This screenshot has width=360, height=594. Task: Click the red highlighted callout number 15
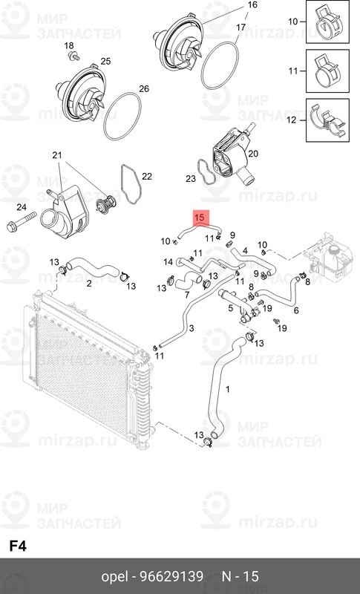tap(198, 218)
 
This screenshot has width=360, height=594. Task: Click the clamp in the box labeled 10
tap(326, 22)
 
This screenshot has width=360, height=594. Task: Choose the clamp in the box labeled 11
tap(326, 71)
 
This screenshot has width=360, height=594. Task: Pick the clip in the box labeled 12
tap(326, 120)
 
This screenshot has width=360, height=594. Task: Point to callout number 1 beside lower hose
tap(228, 389)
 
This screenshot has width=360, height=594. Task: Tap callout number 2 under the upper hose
tap(89, 283)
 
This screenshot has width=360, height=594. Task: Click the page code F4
tap(18, 545)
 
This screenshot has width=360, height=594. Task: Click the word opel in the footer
tap(114, 576)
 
